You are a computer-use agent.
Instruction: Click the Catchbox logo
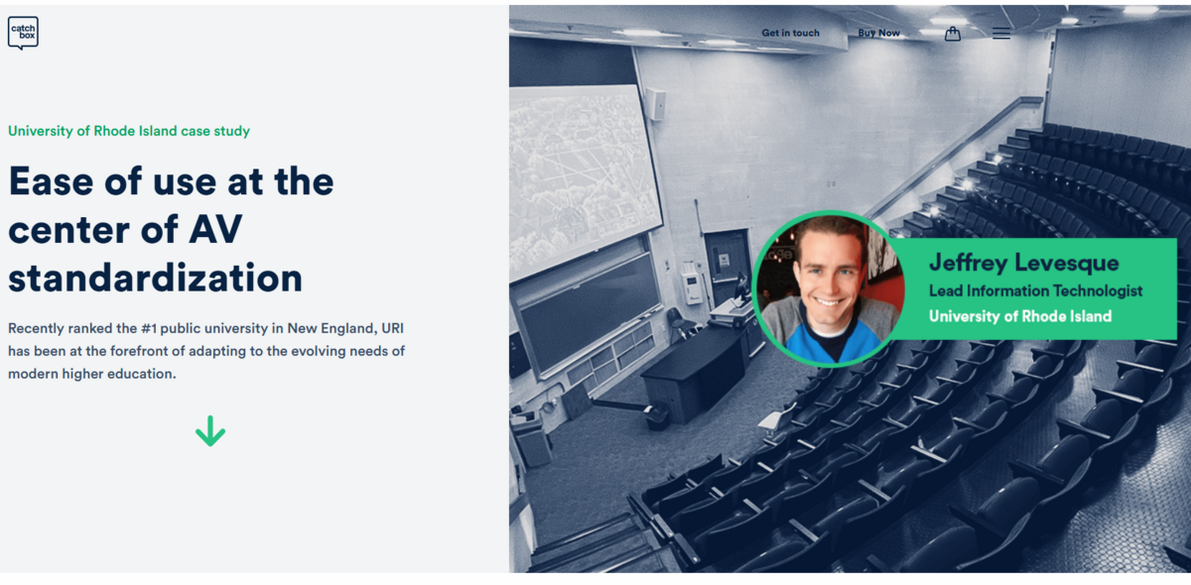(x=23, y=33)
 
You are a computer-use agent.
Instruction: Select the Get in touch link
(x=790, y=33)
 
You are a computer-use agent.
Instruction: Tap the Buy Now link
(x=878, y=33)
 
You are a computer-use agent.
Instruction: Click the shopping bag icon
(x=952, y=34)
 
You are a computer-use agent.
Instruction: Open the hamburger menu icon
(x=1001, y=34)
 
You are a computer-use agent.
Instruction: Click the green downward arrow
(x=210, y=431)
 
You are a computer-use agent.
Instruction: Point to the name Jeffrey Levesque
(x=1023, y=263)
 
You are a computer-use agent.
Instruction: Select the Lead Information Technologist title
(x=1035, y=291)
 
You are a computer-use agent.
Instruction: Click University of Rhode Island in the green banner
(x=1020, y=316)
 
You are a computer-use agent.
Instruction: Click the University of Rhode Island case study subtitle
(x=129, y=131)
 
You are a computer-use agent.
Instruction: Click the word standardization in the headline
(x=155, y=278)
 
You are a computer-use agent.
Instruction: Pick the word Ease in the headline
(x=51, y=181)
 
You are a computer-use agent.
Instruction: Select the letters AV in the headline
(x=215, y=229)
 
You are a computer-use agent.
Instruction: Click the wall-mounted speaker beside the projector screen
(x=656, y=103)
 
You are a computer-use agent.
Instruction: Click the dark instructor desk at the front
(x=694, y=372)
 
